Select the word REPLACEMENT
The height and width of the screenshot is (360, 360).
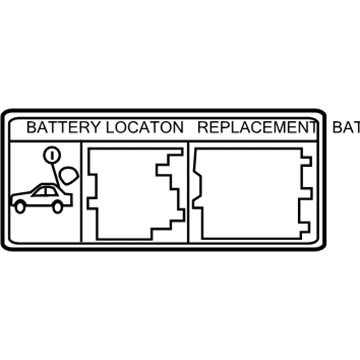255,128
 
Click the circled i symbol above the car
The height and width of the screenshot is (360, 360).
50,156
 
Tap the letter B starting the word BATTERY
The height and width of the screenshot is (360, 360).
31,128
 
